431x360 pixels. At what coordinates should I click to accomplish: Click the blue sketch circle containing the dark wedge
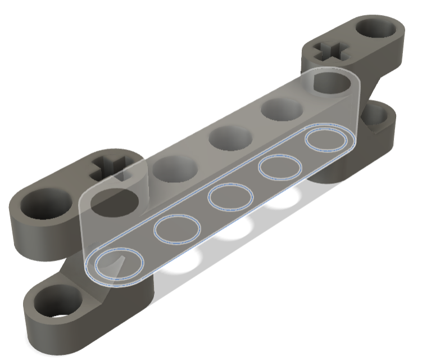tap(119, 264)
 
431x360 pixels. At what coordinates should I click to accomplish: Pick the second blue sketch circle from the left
tap(177, 228)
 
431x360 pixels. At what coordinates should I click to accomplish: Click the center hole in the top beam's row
tap(230, 138)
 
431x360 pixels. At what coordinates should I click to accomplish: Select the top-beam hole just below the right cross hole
tap(330, 82)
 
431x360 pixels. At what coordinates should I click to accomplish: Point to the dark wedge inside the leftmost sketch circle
tap(119, 264)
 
